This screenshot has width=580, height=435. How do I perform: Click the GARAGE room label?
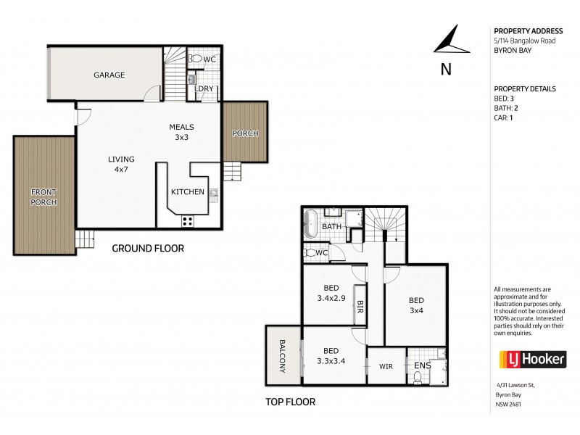(x=109, y=75)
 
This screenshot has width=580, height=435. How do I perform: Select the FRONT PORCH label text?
(x=43, y=196)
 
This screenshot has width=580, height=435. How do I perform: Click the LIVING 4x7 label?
(x=121, y=165)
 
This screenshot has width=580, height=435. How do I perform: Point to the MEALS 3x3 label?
(x=182, y=131)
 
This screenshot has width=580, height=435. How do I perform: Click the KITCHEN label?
(x=186, y=192)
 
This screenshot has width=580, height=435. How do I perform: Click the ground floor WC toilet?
(x=195, y=58)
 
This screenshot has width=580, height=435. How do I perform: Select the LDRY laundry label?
(x=204, y=88)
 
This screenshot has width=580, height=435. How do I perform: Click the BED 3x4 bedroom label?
(x=416, y=307)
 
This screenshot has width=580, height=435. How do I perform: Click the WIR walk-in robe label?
(x=385, y=367)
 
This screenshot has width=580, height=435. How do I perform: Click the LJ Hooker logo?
(x=521, y=360)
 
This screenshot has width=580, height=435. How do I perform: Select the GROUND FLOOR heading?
(x=147, y=248)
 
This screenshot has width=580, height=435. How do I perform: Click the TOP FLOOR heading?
(x=290, y=401)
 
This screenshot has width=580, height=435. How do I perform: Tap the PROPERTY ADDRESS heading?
(x=529, y=31)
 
